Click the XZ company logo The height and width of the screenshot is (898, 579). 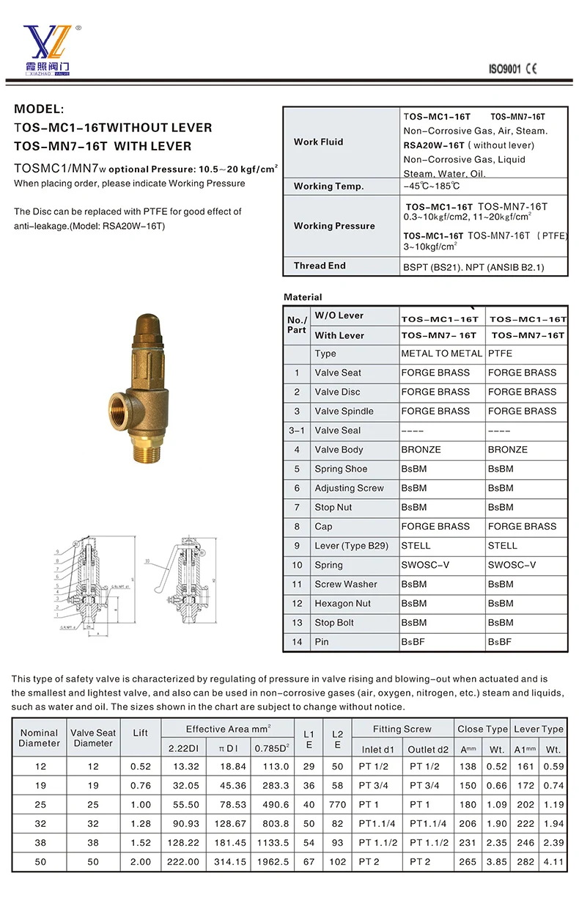47,47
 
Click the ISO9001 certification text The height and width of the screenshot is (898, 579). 504,69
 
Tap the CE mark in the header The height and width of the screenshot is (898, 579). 531,69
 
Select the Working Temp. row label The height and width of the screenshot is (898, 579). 328,186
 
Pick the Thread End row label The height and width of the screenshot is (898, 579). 320,266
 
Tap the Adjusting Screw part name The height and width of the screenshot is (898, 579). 349,488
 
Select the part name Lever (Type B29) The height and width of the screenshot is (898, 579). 351,546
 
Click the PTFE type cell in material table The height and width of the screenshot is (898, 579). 501,353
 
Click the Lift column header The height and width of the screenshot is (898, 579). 140,733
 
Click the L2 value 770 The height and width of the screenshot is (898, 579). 337,804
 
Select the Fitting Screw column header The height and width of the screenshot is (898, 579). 402,729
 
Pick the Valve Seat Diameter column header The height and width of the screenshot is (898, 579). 93,738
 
